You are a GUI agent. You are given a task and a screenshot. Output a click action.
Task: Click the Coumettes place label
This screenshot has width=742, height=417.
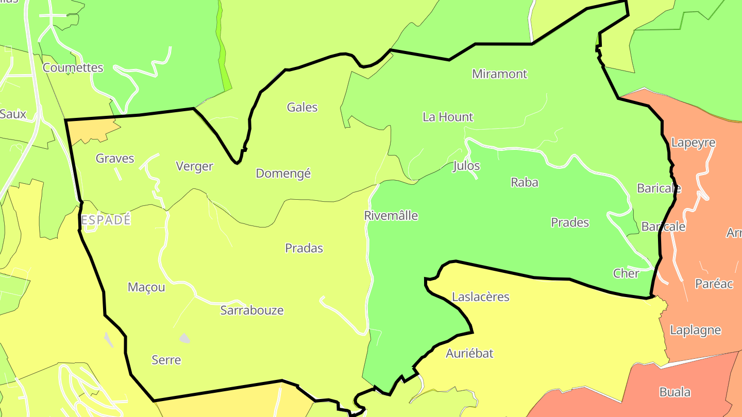pyautogui.click(x=73, y=68)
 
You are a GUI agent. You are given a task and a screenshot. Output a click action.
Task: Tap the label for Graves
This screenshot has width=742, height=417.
pyautogui.click(x=115, y=159)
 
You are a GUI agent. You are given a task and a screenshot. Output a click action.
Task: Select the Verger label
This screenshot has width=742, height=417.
pyautogui.click(x=194, y=166)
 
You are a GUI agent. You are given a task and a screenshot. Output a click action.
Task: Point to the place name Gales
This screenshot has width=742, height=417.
pyautogui.click(x=302, y=108)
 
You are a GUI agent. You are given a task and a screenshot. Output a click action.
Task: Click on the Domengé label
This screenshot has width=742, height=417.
pyautogui.click(x=283, y=173)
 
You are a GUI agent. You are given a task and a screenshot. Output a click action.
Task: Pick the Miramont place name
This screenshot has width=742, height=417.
pyautogui.click(x=499, y=74)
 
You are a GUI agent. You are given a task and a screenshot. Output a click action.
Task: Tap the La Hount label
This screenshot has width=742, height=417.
pyautogui.click(x=447, y=117)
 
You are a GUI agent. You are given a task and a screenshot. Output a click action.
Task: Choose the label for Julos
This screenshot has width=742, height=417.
pyautogui.click(x=466, y=166)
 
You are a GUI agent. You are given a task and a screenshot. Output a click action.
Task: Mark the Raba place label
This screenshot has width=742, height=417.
pyautogui.click(x=524, y=182)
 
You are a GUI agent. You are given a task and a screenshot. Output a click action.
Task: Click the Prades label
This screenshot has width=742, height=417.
pyautogui.click(x=569, y=223)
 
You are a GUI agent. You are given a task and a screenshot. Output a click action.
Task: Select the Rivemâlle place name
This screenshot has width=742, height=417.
pyautogui.click(x=391, y=216)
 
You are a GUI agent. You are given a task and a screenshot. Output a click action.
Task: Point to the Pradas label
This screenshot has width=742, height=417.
pyautogui.click(x=304, y=249)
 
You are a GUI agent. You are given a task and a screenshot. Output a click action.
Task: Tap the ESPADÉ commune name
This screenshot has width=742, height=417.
pyautogui.click(x=106, y=220)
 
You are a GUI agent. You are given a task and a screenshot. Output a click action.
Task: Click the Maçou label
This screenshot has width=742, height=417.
pyautogui.click(x=146, y=287)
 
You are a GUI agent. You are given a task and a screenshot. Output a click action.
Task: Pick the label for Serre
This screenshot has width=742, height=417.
pyautogui.click(x=166, y=360)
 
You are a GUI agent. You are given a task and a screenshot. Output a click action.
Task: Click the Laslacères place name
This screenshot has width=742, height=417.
pyautogui.click(x=480, y=297)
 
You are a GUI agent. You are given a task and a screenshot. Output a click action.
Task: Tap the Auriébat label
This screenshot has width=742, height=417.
pyautogui.click(x=469, y=354)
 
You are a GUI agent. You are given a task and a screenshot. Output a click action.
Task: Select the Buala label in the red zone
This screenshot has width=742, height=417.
pyautogui.click(x=674, y=392)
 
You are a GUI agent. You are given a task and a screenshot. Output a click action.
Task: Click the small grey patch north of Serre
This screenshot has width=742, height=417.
pyautogui.click(x=184, y=338)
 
